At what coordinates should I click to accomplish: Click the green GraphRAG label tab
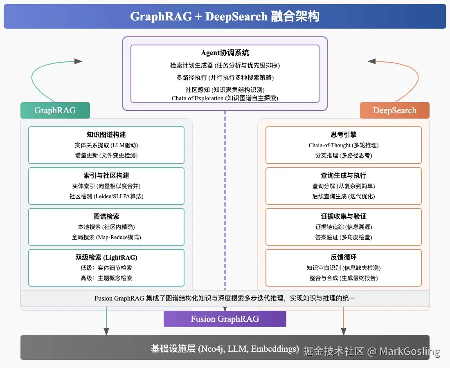coord(55,110)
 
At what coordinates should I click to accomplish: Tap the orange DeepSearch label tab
coord(394,110)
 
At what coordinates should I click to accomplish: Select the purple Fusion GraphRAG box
coord(225,319)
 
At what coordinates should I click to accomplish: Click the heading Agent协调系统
coord(225,53)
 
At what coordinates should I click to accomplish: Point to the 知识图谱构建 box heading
coord(106,135)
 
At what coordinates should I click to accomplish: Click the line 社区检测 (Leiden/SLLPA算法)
coord(106,196)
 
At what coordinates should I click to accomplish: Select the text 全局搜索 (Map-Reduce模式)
coord(106,237)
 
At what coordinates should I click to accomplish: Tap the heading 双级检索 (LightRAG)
coord(106,257)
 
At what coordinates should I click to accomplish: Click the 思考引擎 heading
coord(343,135)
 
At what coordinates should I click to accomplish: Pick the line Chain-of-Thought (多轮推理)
coord(343,145)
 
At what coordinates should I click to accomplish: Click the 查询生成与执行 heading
coord(343,175)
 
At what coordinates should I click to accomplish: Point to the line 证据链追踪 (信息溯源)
coord(343,227)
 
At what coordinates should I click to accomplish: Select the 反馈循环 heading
coord(343,257)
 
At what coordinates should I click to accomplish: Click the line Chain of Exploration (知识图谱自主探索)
coord(225,98)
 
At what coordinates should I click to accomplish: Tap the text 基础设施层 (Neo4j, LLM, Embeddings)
coord(225,349)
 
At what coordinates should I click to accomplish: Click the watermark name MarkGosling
coord(409,351)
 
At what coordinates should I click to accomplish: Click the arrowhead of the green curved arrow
coord(78,61)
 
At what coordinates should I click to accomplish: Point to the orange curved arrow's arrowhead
coord(371,61)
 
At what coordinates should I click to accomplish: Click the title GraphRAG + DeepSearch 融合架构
coord(225,16)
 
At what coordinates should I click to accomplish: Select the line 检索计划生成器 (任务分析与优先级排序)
coord(225,65)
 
